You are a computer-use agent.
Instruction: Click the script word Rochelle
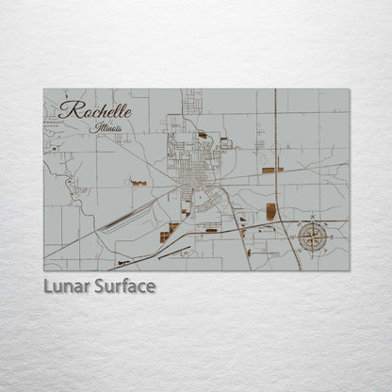coord(95,110)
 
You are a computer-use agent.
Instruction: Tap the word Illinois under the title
coord(107,127)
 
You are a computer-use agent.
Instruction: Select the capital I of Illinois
coord(96,126)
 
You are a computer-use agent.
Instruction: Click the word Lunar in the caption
coord(66,286)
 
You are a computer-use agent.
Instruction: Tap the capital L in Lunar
coord(48,286)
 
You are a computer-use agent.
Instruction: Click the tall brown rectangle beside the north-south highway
coord(270,211)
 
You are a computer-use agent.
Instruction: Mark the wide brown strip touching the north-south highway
coord(271,170)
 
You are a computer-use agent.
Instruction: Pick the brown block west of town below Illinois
coord(139,182)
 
